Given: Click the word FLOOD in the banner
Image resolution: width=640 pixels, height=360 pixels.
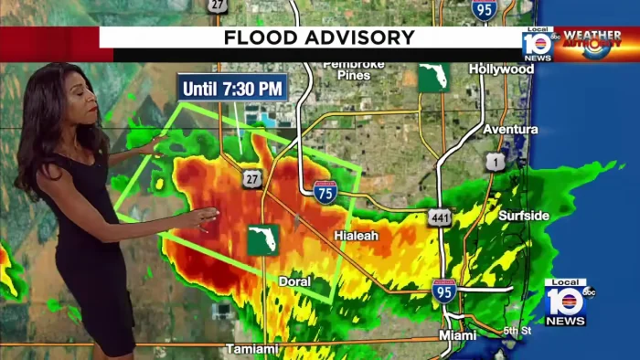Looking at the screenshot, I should tap(264, 37).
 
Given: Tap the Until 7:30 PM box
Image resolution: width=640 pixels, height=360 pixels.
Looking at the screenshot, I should tap(233, 89).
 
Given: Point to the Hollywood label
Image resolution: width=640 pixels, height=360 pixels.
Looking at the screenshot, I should tap(501, 69).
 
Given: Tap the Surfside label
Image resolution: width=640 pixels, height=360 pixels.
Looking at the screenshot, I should tap(524, 216).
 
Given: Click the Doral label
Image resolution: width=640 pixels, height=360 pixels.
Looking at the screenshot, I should tap(294, 281).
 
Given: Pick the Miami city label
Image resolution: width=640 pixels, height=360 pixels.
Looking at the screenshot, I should tap(457, 335).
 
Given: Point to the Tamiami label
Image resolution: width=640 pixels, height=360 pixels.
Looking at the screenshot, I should tap(251, 348).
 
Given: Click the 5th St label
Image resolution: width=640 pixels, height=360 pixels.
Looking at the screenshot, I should tap(517, 331).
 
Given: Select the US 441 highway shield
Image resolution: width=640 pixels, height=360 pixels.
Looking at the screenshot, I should tap(439, 217).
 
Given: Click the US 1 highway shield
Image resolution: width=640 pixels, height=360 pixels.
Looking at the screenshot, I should tap(495, 162).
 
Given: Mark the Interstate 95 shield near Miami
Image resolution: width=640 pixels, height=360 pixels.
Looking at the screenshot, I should tap(444, 291).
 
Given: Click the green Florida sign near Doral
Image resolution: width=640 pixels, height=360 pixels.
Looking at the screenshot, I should tap(262, 239).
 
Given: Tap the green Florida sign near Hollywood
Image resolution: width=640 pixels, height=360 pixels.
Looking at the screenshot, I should tap(433, 78).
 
